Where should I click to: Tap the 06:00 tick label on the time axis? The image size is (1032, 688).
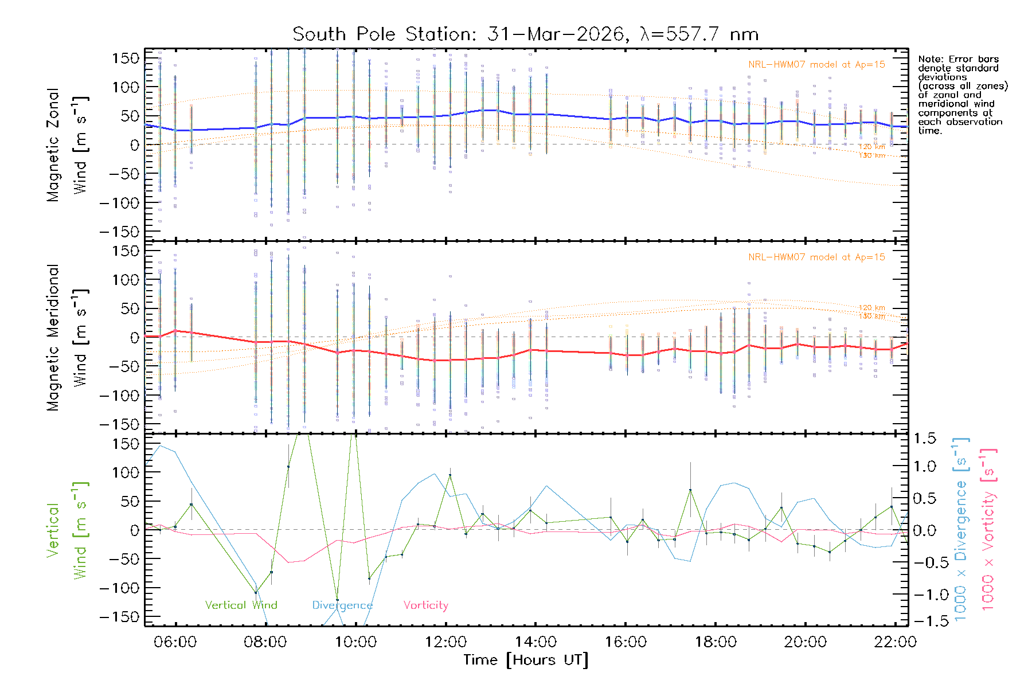click(175, 642)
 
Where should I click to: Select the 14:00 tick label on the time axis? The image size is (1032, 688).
click(535, 642)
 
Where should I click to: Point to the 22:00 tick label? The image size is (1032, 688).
click(896, 642)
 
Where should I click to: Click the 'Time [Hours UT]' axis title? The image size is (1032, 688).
click(526, 660)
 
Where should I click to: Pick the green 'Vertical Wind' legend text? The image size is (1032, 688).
click(241, 605)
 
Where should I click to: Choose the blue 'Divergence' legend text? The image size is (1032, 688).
click(342, 605)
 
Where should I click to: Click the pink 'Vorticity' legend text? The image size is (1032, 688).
click(425, 605)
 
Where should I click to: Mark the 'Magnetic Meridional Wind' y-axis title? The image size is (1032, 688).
click(67, 338)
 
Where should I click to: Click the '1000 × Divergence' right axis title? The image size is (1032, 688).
click(960, 530)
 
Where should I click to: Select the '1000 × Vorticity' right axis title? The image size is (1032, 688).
click(988, 530)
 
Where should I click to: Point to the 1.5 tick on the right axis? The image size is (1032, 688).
click(924, 439)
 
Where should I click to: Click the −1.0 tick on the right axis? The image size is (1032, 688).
click(924, 595)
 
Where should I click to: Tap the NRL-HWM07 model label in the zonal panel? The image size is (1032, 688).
click(816, 65)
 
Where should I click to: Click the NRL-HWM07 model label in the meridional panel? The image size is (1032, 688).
click(816, 257)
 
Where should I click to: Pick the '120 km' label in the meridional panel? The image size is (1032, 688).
click(871, 308)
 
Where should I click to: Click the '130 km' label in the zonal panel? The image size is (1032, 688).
click(871, 155)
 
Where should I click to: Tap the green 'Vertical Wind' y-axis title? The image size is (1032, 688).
click(67, 530)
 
